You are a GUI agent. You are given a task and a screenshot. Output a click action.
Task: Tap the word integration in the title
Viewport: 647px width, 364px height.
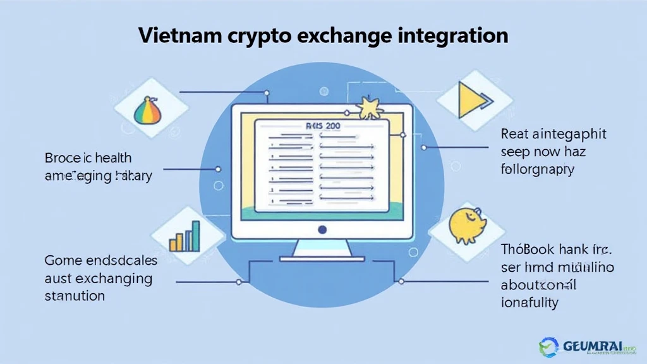click(x=452, y=35)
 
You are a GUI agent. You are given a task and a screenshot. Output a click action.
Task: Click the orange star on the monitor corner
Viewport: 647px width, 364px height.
click(x=368, y=107)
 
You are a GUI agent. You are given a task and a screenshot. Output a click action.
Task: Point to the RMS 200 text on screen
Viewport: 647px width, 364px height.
click(x=322, y=126)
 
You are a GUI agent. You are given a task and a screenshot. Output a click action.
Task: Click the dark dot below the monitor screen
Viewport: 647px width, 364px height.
click(x=322, y=230)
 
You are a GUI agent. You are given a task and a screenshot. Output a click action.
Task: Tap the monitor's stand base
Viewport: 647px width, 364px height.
click(x=322, y=258)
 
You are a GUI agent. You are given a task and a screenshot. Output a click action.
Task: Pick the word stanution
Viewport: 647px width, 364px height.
click(x=75, y=296)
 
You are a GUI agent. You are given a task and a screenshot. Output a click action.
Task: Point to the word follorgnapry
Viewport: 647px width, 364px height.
click(x=537, y=170)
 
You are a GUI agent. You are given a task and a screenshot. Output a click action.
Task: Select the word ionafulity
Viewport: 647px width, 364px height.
click(x=529, y=303)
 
